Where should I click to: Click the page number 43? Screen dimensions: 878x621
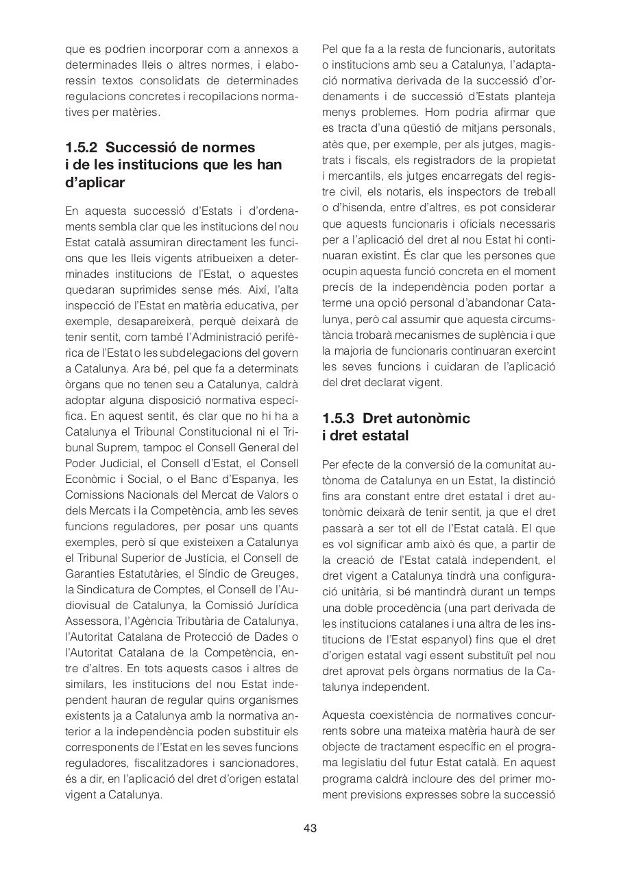click(310, 828)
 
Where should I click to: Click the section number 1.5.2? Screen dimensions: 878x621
click(82, 147)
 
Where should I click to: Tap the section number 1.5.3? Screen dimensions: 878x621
click(339, 418)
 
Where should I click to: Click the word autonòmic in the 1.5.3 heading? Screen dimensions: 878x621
click(436, 418)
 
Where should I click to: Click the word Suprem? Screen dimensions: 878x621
click(101, 447)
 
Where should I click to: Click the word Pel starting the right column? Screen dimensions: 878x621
click(332, 49)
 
